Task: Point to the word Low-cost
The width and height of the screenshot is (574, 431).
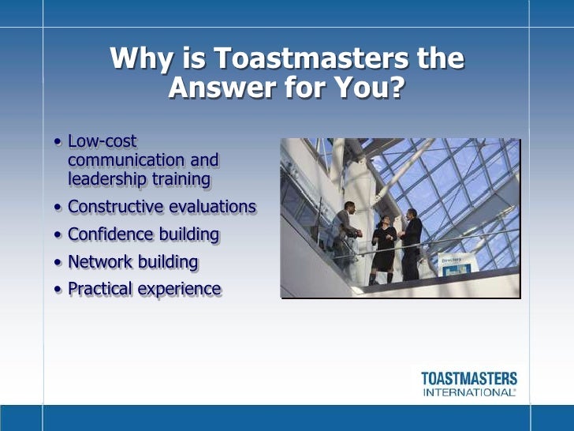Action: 102,142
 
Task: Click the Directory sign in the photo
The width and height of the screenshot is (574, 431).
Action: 453,264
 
